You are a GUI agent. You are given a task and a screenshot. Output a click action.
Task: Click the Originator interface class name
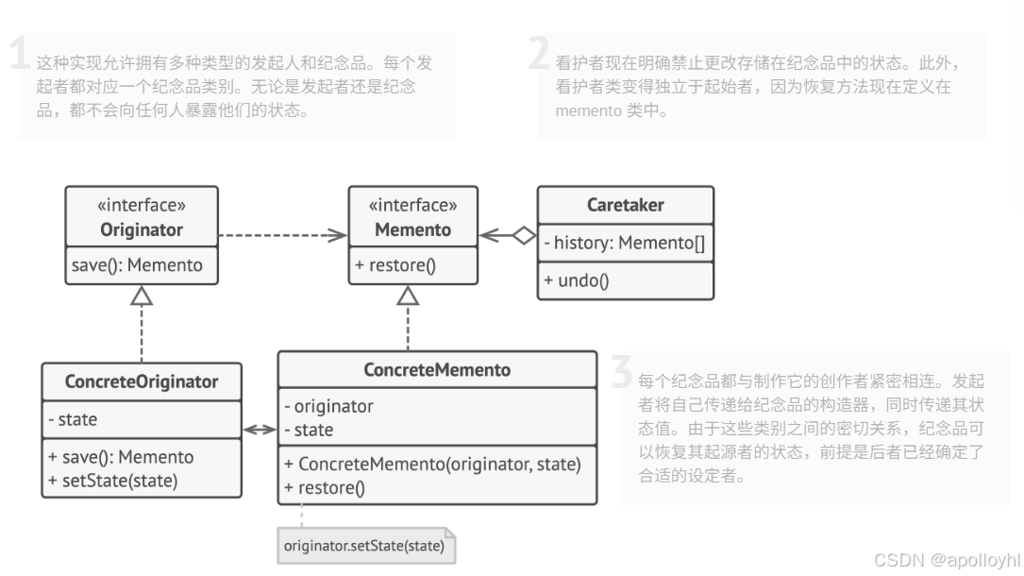pos(141,229)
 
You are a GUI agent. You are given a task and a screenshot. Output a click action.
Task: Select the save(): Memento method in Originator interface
pos(137,265)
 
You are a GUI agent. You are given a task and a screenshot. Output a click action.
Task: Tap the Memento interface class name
pos(412,229)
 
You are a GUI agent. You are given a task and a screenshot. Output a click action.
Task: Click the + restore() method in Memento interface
pos(395,265)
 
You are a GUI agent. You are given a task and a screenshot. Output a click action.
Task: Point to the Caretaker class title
pos(625,205)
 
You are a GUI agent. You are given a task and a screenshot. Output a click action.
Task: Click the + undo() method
pos(577,280)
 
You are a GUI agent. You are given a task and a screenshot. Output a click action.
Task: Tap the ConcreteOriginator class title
pos(142,381)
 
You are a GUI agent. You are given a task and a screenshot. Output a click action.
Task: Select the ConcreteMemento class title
pos(436,370)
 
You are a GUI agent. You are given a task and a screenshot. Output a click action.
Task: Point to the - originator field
pos(328,407)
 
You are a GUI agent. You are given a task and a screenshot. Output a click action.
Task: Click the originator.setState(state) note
pos(363,546)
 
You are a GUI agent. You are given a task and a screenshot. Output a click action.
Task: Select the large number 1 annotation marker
pos(20,55)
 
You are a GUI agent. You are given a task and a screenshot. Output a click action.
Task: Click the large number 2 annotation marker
pos(538,55)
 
